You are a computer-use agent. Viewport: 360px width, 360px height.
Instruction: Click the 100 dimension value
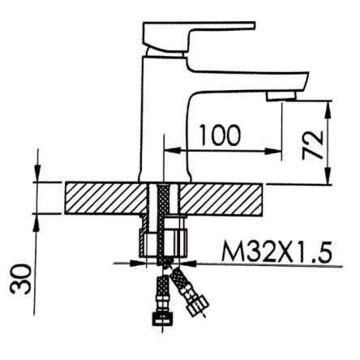coord(220,135)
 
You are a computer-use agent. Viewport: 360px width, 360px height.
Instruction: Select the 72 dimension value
coord(313,144)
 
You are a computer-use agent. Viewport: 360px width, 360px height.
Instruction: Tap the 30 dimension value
coord(19,279)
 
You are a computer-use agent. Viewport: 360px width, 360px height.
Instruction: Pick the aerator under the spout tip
coord(281,96)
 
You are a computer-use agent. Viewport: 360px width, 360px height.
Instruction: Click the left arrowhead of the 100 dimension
coord(173,151)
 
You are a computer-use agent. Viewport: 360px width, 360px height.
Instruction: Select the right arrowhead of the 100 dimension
coord(273,151)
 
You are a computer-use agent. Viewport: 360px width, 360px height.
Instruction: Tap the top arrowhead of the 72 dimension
coord(328,109)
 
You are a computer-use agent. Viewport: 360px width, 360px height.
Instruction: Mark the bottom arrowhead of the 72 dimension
coord(328,176)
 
